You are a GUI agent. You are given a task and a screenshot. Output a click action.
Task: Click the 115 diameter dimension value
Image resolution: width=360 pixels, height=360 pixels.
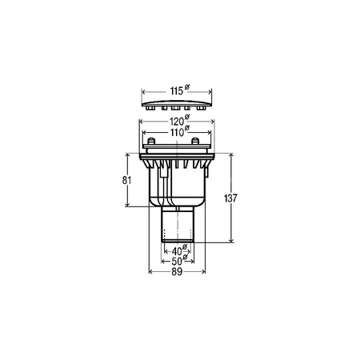tap(177, 91)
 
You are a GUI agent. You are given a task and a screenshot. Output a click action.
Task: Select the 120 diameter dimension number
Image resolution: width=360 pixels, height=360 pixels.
tap(177, 122)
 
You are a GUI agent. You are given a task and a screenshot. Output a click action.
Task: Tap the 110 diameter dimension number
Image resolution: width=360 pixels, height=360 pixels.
tap(177, 132)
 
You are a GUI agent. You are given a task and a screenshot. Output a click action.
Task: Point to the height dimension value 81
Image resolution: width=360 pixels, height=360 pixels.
tap(126, 181)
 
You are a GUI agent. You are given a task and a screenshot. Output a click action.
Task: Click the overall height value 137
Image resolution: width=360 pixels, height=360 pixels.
tap(230, 198)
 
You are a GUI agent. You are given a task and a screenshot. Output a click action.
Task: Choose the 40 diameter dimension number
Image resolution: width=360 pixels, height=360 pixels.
tap(177, 251)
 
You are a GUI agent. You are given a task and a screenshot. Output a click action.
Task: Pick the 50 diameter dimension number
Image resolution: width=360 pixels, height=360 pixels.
tap(177, 262)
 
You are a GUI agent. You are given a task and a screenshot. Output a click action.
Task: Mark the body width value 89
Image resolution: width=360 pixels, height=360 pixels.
tap(177, 272)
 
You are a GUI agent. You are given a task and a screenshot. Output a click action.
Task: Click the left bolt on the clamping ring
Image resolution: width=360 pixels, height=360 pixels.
tap(151, 141)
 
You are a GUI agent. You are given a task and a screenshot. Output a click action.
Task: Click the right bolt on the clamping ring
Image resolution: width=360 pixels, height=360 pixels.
tap(195, 141)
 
